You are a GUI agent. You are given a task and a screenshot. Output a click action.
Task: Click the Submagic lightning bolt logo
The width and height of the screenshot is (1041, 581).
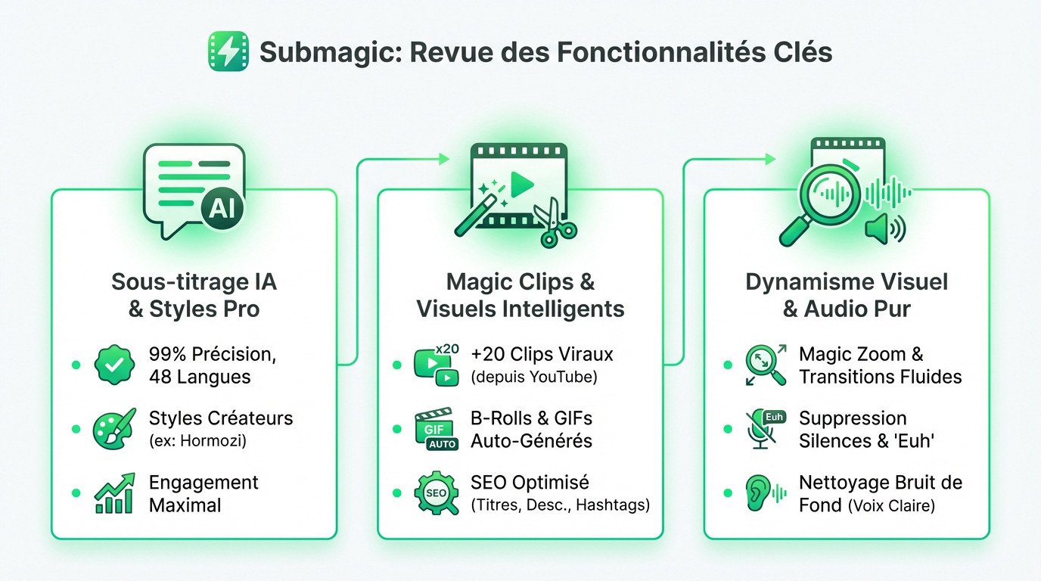click(228, 51)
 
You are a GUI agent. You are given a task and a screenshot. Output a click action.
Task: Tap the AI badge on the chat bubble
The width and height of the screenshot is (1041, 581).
click(222, 209)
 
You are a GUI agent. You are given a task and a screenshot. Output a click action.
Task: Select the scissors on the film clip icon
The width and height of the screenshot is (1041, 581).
click(556, 223)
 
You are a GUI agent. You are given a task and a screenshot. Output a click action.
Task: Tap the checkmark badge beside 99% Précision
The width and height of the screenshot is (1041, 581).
click(113, 365)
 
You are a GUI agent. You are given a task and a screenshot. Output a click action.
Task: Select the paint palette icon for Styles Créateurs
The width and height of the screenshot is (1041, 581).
click(113, 428)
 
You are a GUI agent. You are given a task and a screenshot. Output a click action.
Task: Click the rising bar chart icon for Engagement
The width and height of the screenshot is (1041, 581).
click(114, 493)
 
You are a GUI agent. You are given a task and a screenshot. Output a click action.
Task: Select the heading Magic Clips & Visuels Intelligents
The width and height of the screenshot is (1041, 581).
click(520, 296)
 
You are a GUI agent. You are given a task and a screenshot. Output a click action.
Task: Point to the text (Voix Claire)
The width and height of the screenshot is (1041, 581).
click(890, 505)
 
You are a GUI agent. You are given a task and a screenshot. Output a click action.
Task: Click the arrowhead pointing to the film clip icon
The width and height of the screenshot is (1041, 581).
click(443, 159)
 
